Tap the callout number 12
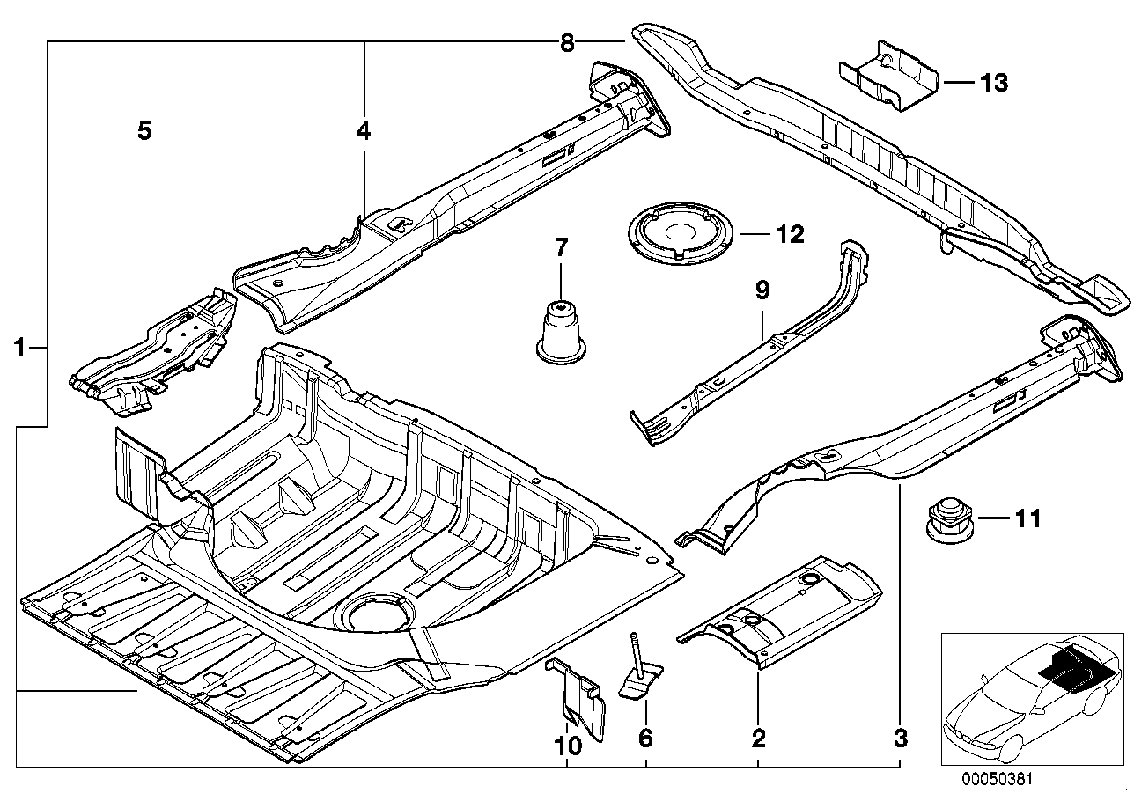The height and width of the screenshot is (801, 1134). tap(789, 234)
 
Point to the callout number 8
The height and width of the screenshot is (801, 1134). tap(566, 41)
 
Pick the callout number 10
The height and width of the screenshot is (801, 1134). tap(568, 746)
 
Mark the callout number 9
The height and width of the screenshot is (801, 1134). tap(762, 288)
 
